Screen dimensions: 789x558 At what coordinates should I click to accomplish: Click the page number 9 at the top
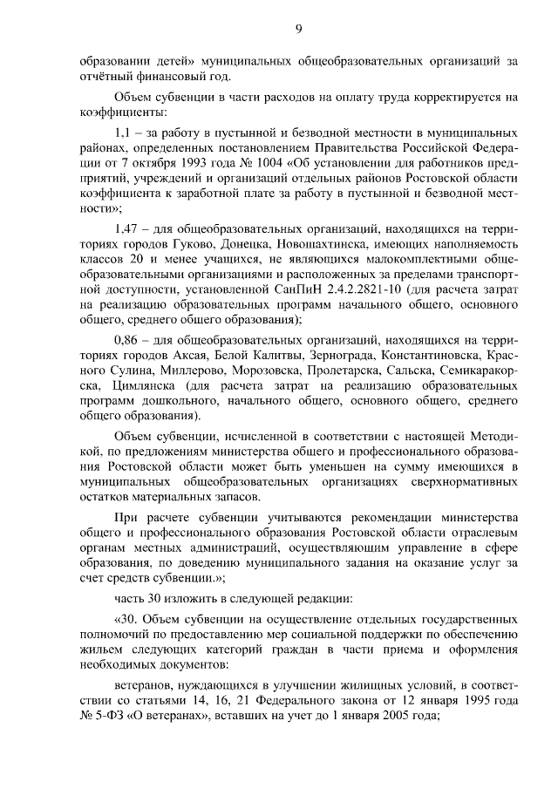298,30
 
